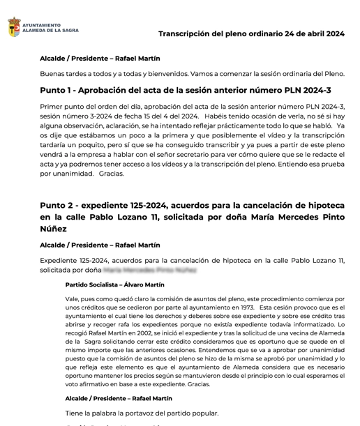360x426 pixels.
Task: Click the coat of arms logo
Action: [13, 27]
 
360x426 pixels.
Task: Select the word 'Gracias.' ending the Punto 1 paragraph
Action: [112, 174]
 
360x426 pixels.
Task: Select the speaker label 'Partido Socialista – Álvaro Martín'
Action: [114, 284]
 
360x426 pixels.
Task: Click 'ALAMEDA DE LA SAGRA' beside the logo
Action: [52, 31]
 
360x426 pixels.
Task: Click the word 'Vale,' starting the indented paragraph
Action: [73, 298]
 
